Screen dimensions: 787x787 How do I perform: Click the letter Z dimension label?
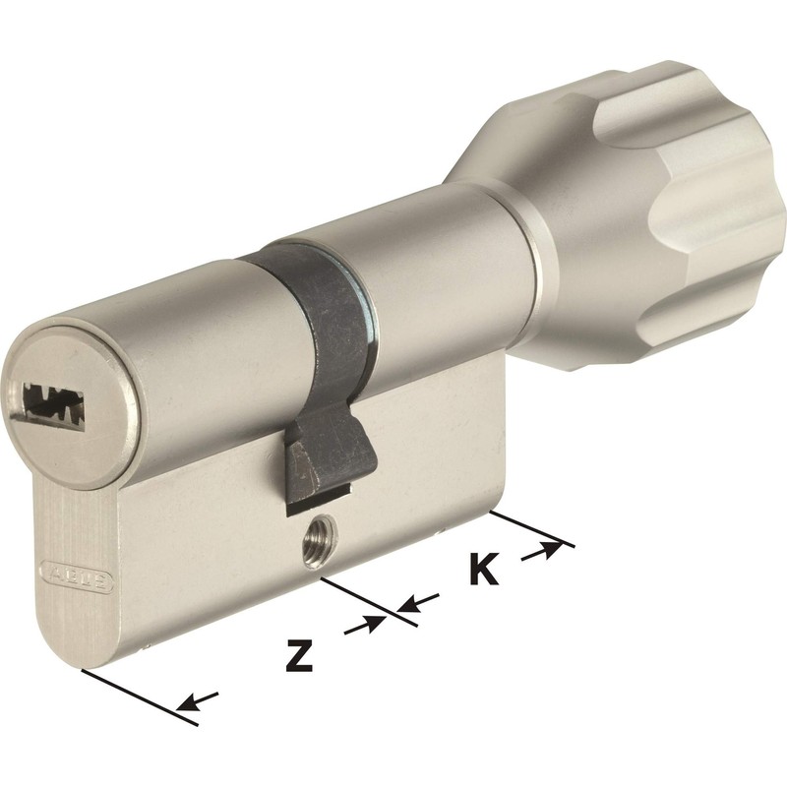tap(298, 654)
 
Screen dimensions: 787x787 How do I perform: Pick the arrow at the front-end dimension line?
tap(199, 700)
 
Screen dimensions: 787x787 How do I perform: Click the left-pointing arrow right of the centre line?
tap(419, 602)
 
